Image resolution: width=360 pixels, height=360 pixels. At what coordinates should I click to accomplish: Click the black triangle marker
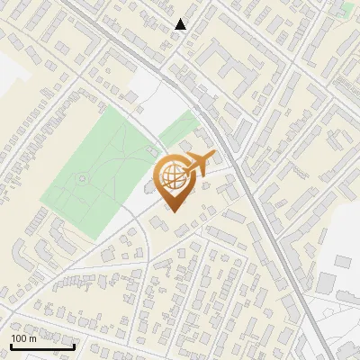tap(181, 24)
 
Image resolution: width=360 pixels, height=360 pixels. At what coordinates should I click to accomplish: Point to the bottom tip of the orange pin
tap(172, 211)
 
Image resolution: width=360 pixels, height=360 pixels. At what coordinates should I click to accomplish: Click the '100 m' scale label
tap(23, 338)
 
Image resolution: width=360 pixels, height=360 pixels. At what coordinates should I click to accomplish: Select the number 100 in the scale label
tap(19, 338)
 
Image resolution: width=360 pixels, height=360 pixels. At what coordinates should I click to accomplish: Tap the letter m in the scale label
tap(32, 338)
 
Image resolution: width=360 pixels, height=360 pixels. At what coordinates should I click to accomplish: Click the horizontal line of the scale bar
tap(42, 346)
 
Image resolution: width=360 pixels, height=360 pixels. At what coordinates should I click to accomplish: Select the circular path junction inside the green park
tap(83, 178)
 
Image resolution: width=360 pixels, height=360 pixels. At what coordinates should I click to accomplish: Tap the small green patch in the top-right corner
tap(347, 8)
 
